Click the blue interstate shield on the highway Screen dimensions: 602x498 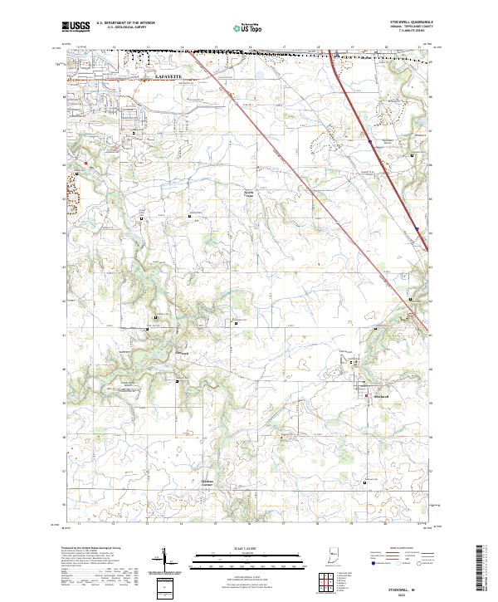(370, 142)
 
